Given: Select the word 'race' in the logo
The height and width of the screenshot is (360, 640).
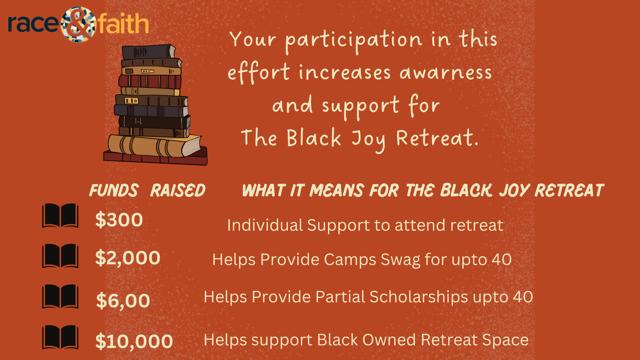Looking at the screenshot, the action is [x=33, y=24].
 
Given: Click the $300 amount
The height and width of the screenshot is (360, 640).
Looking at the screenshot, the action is [x=119, y=220].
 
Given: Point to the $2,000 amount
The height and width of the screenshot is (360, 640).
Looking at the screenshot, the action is [x=128, y=258].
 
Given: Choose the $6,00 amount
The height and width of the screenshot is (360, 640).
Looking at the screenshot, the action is [x=123, y=301].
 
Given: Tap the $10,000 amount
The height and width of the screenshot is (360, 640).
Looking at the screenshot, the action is [x=134, y=341].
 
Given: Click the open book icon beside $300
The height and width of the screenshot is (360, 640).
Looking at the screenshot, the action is [x=60, y=216].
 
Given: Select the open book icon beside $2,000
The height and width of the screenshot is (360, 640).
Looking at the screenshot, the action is [x=60, y=256].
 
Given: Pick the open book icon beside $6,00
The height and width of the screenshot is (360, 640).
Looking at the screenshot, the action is [x=60, y=297].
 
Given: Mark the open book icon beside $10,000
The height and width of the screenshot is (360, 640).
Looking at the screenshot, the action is [x=60, y=337].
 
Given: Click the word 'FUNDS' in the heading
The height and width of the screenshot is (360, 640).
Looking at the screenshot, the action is [x=114, y=190].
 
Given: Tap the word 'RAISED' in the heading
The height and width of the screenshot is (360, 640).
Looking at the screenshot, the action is [x=178, y=190].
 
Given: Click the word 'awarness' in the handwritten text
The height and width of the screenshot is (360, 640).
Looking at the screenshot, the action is [x=446, y=73].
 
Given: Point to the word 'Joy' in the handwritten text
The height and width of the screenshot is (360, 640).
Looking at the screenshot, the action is [x=369, y=140].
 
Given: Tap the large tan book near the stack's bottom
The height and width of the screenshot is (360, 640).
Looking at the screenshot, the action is [x=154, y=146].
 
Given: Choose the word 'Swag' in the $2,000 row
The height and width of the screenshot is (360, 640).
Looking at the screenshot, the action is [x=400, y=260].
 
